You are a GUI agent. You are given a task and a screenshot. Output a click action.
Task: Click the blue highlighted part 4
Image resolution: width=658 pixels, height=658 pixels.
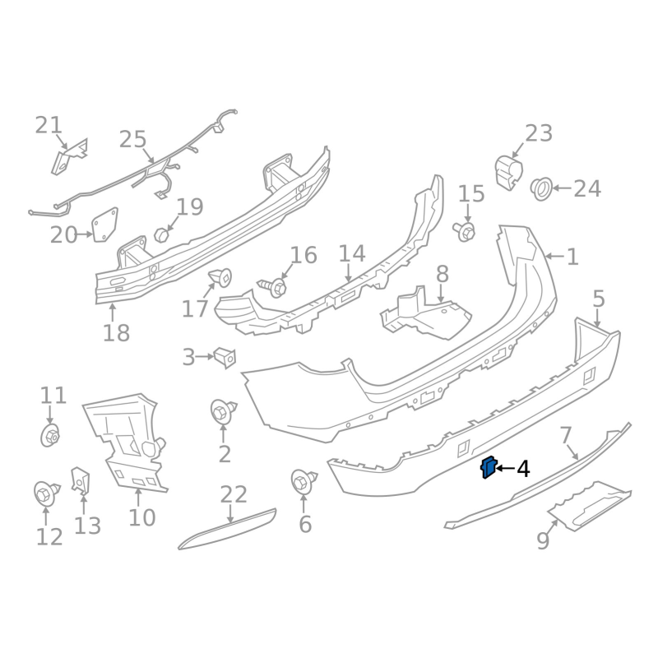488,467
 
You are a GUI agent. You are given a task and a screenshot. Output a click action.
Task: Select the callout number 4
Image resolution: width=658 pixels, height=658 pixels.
522,470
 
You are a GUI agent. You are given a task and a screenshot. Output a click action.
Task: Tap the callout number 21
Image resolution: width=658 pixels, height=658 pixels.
49,125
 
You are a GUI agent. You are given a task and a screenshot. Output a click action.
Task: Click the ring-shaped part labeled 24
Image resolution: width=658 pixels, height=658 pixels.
542,188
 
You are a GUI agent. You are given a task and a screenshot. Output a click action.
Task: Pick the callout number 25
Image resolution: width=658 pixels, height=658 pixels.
132,139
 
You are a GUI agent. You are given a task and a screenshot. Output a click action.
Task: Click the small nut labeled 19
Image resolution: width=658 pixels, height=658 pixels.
162,234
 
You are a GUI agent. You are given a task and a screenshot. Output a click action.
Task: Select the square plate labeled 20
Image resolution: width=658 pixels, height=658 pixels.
104,226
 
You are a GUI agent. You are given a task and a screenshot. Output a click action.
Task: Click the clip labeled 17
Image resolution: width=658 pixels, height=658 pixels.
221,277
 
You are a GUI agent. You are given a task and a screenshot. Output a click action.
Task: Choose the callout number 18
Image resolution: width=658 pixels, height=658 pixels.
117,333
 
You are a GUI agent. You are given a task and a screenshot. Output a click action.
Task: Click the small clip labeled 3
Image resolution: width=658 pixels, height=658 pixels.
225,356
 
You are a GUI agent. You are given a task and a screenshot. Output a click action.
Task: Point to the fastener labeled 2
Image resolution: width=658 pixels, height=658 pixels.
223,410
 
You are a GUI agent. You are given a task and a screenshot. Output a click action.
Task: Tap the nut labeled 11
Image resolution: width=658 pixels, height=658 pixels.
50,435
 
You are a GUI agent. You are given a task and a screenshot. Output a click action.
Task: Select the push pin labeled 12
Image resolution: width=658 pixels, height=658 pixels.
45,493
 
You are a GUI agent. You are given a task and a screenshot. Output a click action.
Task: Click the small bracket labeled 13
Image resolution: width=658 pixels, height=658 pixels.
81,481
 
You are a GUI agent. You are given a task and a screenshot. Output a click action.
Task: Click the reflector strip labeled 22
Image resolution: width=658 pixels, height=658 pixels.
228,529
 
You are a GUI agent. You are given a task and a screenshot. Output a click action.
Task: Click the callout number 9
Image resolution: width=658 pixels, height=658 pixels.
543,541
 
